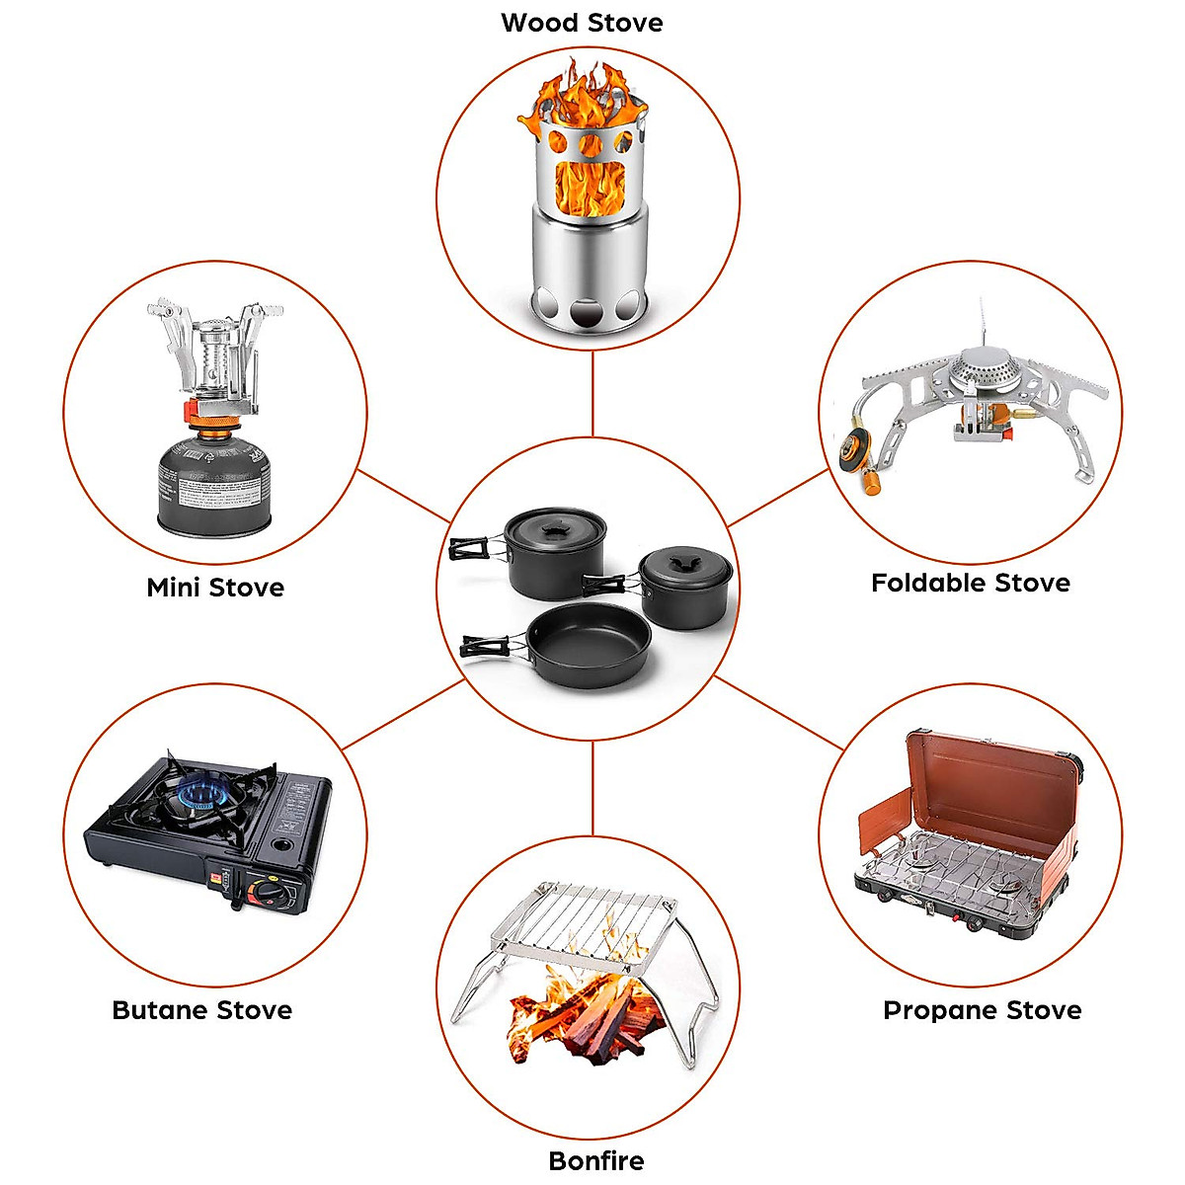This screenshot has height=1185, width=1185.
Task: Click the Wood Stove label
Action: coord(582,23)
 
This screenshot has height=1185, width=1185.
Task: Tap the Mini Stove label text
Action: coord(215,588)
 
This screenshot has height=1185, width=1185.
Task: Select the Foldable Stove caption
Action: coord(970,583)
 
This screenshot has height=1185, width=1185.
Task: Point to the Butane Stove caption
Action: coord(202,1010)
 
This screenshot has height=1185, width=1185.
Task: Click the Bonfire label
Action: coord(595,1160)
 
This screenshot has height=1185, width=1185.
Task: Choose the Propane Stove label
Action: coord(982,1010)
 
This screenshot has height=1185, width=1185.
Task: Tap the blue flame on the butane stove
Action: coord(201,793)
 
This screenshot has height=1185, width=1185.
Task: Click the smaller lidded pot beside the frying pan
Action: coord(685,589)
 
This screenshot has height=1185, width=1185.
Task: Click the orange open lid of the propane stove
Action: coord(987,780)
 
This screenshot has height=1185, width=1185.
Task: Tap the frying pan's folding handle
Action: coord(490,649)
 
